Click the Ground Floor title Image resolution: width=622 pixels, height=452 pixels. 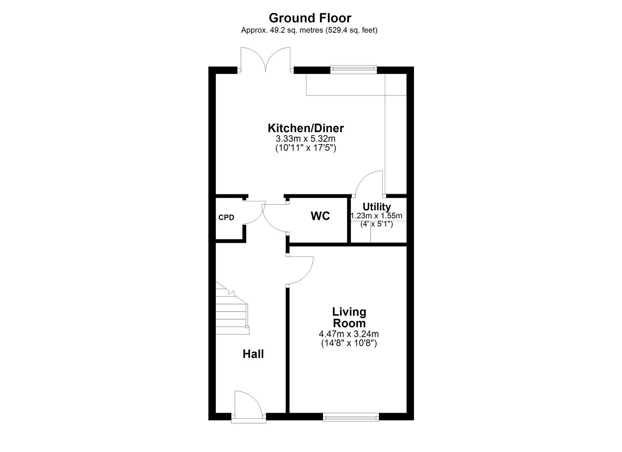tap(310, 18)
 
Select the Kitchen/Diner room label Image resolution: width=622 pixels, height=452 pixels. tap(306, 128)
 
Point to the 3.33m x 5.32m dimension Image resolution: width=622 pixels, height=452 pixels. tap(306, 138)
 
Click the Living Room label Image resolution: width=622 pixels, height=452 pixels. tap(349, 318)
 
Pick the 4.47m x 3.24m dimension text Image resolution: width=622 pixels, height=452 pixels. tap(349, 334)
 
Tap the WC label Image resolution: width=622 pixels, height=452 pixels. tap(320, 216)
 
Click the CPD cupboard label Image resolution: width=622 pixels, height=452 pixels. tap(226, 217)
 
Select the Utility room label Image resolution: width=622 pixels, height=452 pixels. tap(377, 207)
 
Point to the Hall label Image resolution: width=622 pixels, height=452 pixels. tap(253, 354)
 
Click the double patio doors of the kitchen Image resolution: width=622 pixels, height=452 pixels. tap(266, 60)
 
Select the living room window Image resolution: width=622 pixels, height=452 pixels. tap(351, 417)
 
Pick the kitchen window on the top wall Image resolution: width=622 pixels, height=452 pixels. tap(353, 70)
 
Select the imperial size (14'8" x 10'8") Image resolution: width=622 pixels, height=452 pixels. tap(349, 344)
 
